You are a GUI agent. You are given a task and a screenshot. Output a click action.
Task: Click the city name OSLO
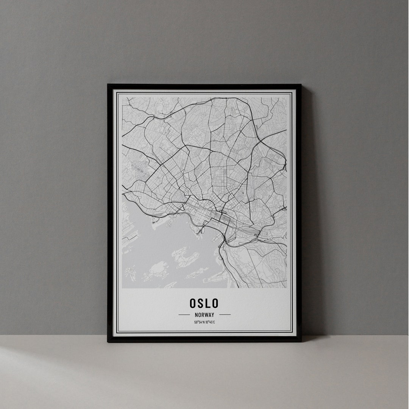pos(204,303)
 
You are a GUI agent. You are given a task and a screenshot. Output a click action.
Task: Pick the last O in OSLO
pos(215,303)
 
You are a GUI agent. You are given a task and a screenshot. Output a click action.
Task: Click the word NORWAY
pos(204,315)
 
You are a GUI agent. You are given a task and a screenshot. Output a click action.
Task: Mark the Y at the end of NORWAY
pos(213,315)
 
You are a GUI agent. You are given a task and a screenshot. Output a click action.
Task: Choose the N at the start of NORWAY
pos(196,315)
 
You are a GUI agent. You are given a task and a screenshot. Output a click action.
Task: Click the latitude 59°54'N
pos(199,322)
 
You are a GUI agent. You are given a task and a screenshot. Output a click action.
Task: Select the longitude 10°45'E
pos(210,322)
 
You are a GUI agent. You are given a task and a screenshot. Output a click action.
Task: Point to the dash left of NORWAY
pos(184,315)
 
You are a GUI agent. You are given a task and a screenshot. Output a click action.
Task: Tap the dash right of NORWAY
pos(225,315)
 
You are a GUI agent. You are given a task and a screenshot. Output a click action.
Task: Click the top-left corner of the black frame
pos(108,85)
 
